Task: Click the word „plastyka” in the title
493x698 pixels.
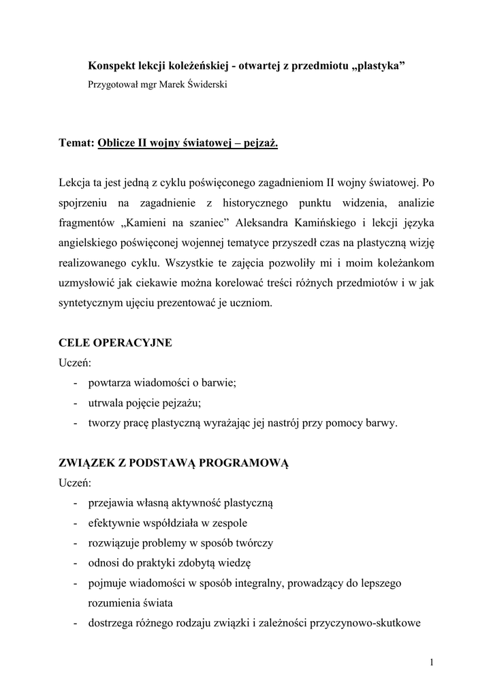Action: pos(379,65)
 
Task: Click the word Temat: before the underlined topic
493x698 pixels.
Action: pos(76,143)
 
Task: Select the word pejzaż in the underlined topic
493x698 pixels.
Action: pos(259,143)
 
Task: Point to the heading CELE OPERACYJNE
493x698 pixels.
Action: pos(116,343)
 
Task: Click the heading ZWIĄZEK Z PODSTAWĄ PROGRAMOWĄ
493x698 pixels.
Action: pos(175,463)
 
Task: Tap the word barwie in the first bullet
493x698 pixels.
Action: pos(217,383)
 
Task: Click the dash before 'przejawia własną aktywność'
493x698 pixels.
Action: pos(74,504)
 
